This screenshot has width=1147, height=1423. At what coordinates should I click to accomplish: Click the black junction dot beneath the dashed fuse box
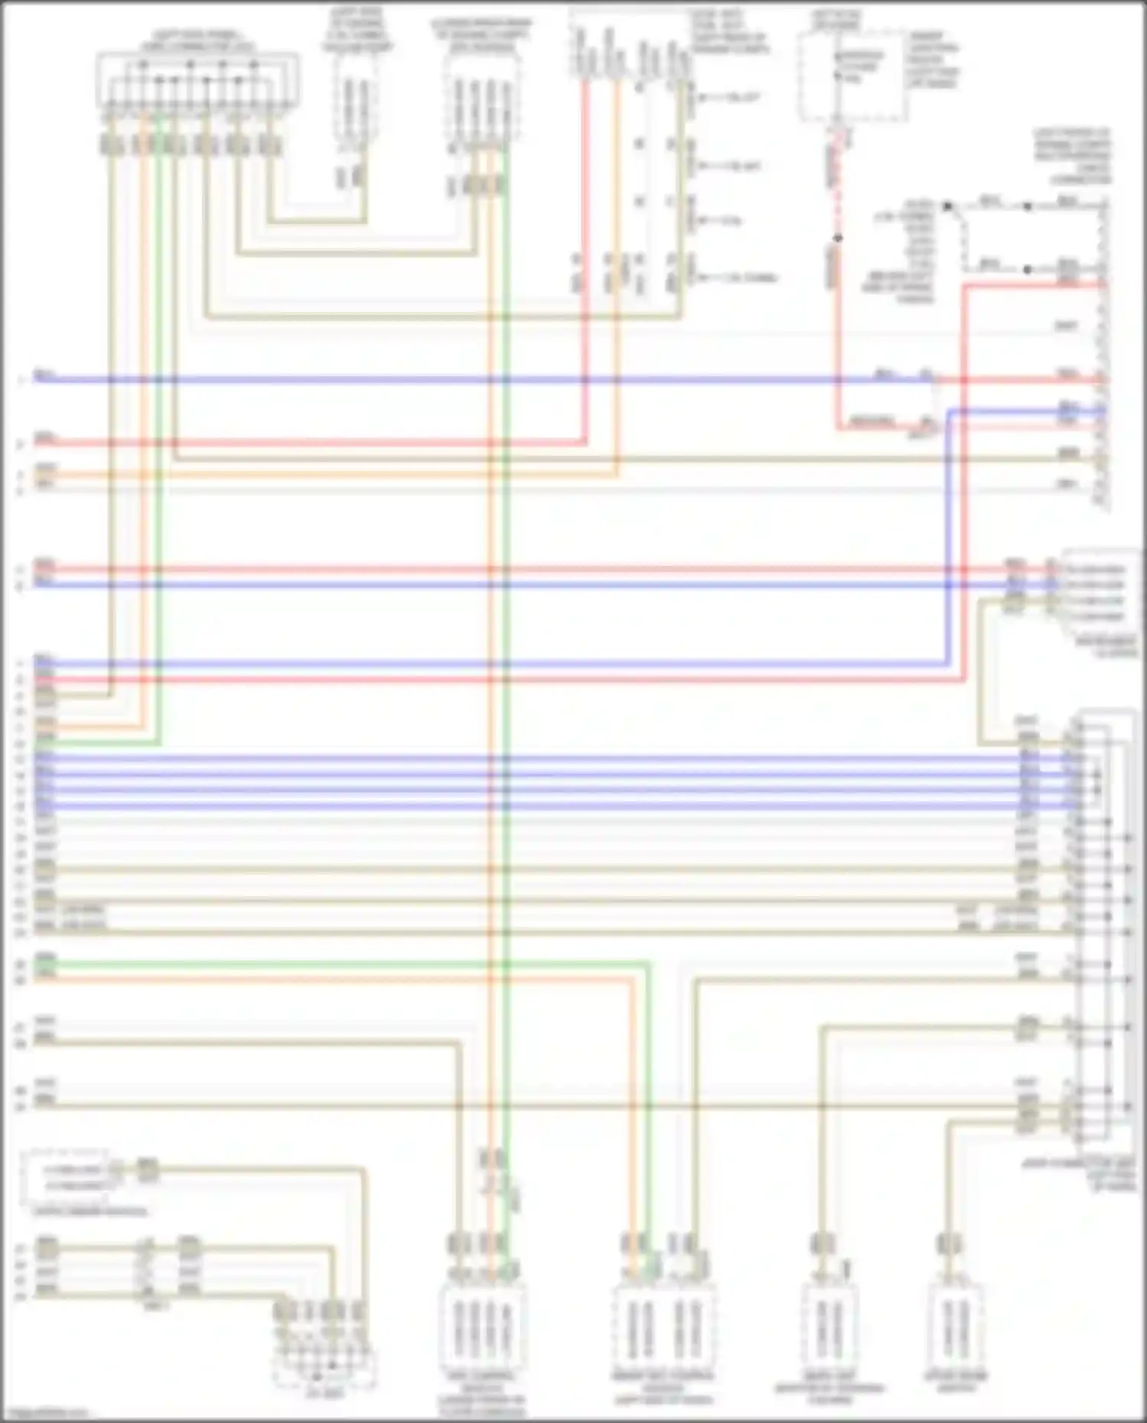coord(838,238)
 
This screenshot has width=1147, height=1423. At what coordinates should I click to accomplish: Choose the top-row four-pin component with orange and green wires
coord(482,99)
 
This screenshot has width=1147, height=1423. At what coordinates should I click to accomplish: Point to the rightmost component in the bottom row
coord(955,1330)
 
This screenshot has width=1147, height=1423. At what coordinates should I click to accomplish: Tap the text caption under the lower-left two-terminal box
coord(90,1211)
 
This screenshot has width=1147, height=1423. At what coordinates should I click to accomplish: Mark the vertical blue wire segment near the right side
coord(948,535)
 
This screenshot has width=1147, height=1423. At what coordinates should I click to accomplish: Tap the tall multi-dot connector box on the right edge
coord(1105,933)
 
